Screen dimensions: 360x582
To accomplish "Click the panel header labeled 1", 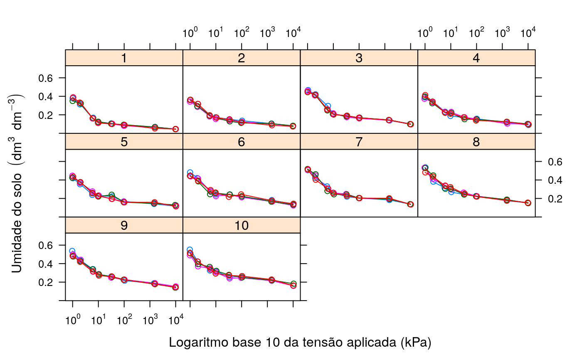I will click(124, 58).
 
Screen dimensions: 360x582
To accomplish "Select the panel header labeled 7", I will click(359, 142).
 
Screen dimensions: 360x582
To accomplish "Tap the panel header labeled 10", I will click(241, 225).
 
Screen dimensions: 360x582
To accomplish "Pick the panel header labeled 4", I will click(476, 58).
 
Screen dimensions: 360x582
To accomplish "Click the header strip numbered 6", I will click(241, 142).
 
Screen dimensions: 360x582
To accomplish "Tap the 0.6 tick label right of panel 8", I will click(550, 161).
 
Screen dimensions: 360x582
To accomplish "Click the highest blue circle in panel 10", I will click(190, 250).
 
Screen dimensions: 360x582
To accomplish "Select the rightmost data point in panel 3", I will click(410, 124).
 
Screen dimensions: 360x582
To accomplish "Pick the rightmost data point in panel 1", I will click(175, 129).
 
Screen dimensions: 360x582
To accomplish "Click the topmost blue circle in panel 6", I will click(190, 172).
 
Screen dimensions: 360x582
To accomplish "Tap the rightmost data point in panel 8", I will click(528, 203).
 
